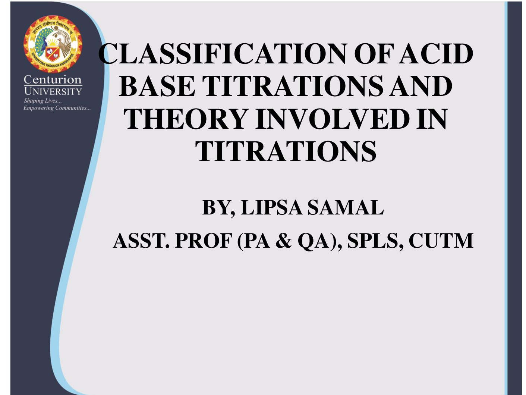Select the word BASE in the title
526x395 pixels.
[x=157, y=86]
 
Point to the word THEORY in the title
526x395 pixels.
[x=186, y=119]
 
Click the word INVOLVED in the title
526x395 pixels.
[x=333, y=119]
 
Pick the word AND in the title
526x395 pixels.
[x=421, y=86]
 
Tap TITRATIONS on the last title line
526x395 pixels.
[x=286, y=151]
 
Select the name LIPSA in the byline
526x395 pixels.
[x=271, y=207]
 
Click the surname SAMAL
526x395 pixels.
[x=346, y=207]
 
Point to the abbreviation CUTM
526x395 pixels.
[x=441, y=241]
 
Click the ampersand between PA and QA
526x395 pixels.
[x=283, y=241]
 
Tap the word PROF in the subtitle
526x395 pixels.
[x=204, y=241]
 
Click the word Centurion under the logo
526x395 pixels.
[x=53, y=79]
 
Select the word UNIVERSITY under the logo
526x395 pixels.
[x=53, y=91]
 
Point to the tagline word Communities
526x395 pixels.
[x=73, y=108]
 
